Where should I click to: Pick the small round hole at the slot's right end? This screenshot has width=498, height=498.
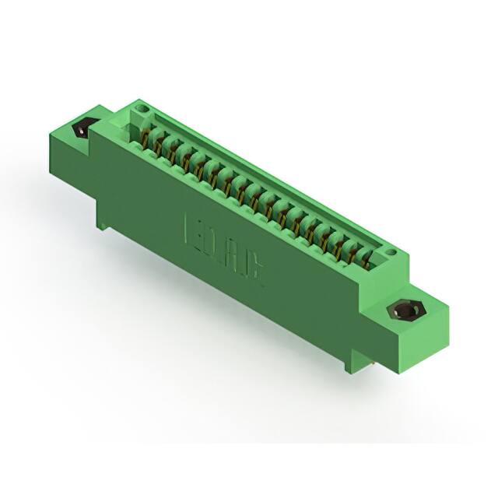click(391, 252)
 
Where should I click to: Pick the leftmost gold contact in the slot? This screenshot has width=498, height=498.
click(146, 139)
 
